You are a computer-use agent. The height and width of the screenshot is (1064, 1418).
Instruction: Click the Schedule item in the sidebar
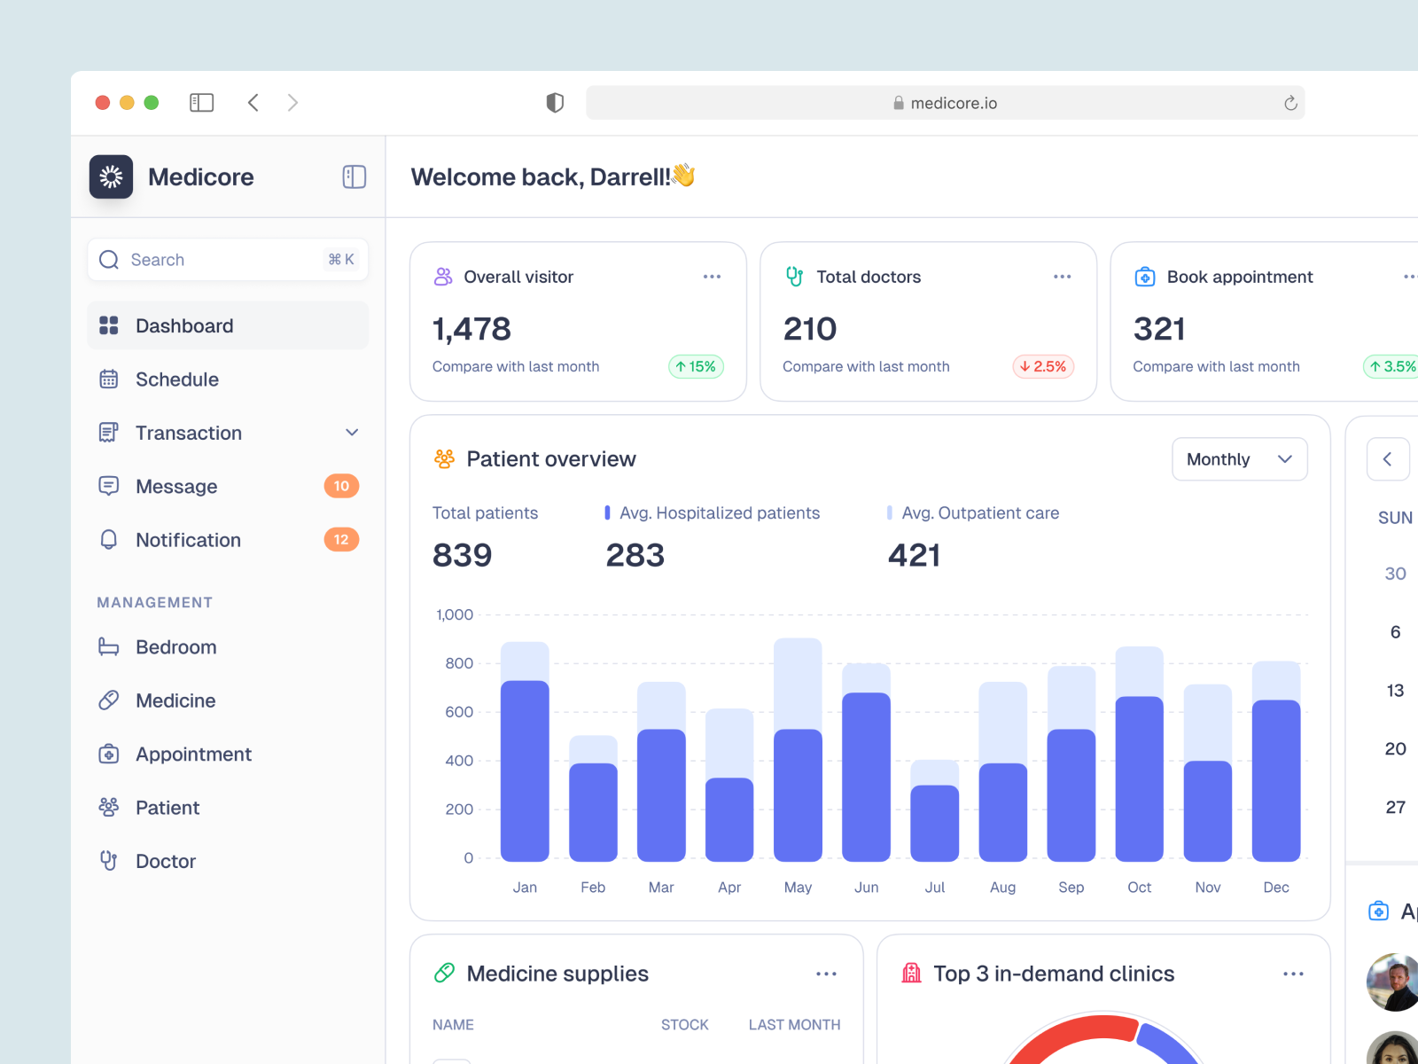176,379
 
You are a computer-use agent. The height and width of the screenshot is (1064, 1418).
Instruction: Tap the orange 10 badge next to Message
341,486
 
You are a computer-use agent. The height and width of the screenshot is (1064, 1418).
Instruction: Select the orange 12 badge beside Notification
341,540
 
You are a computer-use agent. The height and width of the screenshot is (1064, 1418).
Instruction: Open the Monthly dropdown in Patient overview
1239,459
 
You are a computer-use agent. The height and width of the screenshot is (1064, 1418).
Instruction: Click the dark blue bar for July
934,823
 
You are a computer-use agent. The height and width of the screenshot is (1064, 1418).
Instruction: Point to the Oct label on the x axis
1139,888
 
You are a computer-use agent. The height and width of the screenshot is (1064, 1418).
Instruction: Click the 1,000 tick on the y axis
455,614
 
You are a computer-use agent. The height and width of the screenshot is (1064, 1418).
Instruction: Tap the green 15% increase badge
696,367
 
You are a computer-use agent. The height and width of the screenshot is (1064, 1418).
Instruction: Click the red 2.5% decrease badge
1043,367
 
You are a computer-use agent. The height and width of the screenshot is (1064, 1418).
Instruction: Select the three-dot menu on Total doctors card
1062,277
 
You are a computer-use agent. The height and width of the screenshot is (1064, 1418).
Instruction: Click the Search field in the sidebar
228,260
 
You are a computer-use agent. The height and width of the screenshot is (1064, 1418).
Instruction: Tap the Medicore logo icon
111,177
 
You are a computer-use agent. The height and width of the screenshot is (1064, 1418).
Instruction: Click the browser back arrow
253,103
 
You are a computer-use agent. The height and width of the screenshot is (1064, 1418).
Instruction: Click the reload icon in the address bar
1290,104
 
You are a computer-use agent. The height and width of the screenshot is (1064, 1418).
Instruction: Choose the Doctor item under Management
166,861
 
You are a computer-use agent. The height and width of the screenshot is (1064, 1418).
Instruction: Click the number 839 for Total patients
462,555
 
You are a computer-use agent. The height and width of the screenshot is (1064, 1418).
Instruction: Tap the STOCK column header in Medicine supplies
684,1025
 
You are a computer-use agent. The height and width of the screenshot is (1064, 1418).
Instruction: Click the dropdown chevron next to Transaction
352,433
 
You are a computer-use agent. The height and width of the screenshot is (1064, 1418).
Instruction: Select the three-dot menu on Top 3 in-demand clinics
1293,974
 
